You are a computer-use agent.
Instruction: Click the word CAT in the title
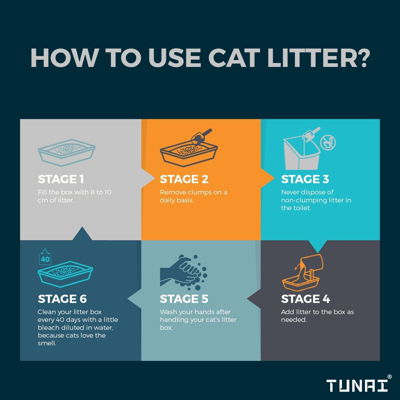pyautogui.click(x=234, y=58)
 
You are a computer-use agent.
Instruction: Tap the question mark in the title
pyautogui.click(x=361, y=58)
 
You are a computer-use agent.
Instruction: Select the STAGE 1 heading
pyautogui.click(x=61, y=179)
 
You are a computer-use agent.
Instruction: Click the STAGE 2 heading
pyautogui.click(x=184, y=179)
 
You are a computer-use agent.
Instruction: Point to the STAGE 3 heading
pyautogui.click(x=305, y=179)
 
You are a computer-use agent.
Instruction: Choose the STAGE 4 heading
pyautogui.click(x=305, y=299)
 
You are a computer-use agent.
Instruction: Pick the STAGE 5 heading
pyautogui.click(x=184, y=299)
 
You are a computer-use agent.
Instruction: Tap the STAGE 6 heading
pyautogui.click(x=62, y=299)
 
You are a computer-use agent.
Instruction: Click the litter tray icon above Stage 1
pyautogui.click(x=67, y=152)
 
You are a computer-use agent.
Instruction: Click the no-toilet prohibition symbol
pyautogui.click(x=328, y=142)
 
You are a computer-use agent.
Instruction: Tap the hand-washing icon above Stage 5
pyautogui.click(x=183, y=272)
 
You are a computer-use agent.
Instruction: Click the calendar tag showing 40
pyautogui.click(x=45, y=258)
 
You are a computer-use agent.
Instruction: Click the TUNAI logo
pyautogui.click(x=357, y=386)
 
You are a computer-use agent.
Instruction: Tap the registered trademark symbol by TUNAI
pyautogui.click(x=389, y=377)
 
